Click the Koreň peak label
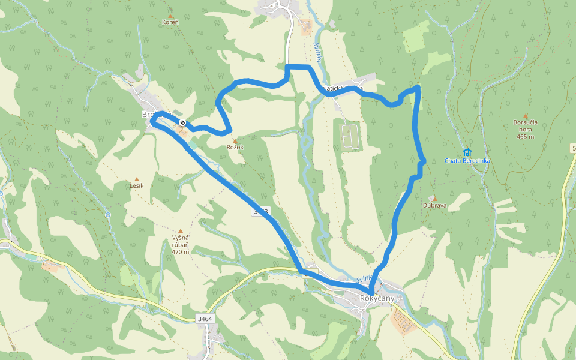coord(170,22)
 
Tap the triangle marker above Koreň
coord(170,16)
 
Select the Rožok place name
coord(235,147)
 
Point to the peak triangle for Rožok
coord(235,140)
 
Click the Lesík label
coord(137,186)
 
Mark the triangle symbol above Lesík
coord(137,179)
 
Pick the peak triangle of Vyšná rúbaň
coord(181,231)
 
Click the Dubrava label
coord(435,205)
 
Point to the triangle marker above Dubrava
coord(435,199)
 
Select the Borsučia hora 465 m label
coord(526,129)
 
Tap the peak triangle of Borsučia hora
coord(526,116)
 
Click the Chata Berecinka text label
coord(468,160)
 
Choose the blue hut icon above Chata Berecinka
coord(467,152)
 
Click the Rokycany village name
coord(377,298)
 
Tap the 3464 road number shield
coord(205,319)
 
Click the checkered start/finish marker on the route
coord(182,123)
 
